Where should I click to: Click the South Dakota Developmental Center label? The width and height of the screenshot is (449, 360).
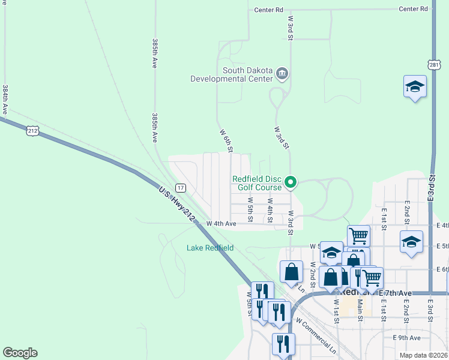[x=231, y=74]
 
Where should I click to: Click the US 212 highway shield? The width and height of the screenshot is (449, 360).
[x=32, y=130]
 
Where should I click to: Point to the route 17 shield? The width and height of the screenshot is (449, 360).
[x=181, y=188]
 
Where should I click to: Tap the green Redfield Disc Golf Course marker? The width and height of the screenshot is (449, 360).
[x=291, y=181]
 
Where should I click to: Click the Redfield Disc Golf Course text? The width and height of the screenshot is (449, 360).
[x=257, y=183]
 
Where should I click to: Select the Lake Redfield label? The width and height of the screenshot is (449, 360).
[x=209, y=248]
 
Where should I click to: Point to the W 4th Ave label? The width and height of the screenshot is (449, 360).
[x=221, y=223]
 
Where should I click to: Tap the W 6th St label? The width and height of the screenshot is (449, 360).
[x=226, y=139]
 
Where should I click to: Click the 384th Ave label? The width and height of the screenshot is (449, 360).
[x=5, y=99]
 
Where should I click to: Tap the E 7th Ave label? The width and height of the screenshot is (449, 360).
[x=396, y=293]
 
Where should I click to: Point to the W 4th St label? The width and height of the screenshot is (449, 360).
[x=270, y=209]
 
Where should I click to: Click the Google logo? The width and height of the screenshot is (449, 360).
[x=20, y=353]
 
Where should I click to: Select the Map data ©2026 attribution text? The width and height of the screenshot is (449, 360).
[x=423, y=355]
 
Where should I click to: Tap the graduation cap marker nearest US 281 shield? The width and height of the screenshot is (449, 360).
[x=415, y=87]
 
